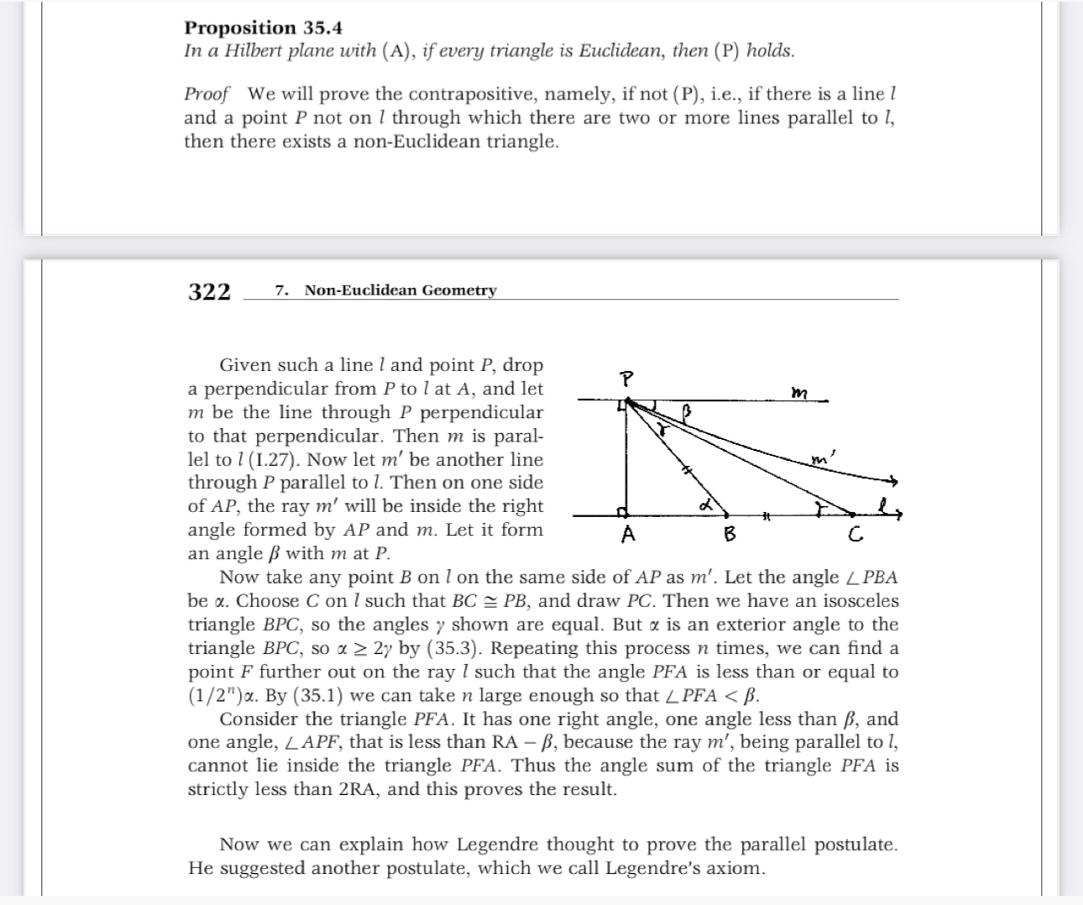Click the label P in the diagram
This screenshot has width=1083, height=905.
pyautogui.click(x=625, y=379)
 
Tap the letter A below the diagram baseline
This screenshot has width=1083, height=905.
pyautogui.click(x=626, y=535)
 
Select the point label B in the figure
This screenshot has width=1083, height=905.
pyautogui.click(x=729, y=534)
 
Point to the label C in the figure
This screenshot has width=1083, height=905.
pyautogui.click(x=855, y=534)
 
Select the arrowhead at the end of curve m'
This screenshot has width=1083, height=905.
pyautogui.click(x=895, y=482)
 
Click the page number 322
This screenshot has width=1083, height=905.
pyautogui.click(x=209, y=291)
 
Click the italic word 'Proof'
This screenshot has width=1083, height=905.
pyautogui.click(x=207, y=94)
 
